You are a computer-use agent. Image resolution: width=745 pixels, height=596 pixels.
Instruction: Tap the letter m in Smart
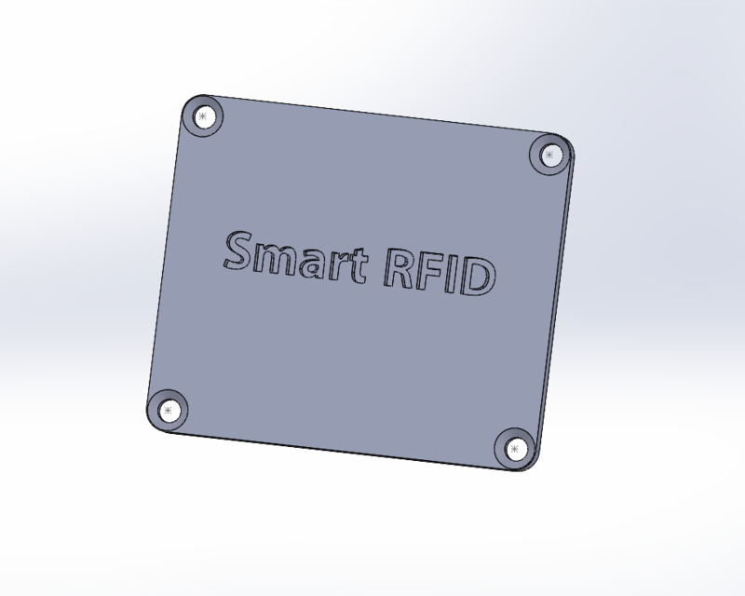pos(277,260)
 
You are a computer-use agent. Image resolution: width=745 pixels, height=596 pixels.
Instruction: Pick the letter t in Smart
pos(355,268)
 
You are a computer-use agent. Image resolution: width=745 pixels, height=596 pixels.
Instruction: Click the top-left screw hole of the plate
pos(204,116)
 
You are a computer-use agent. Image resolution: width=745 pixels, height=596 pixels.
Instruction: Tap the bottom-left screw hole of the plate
pos(168,410)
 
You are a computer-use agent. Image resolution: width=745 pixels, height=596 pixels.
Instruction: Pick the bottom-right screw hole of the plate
pos(513,449)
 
